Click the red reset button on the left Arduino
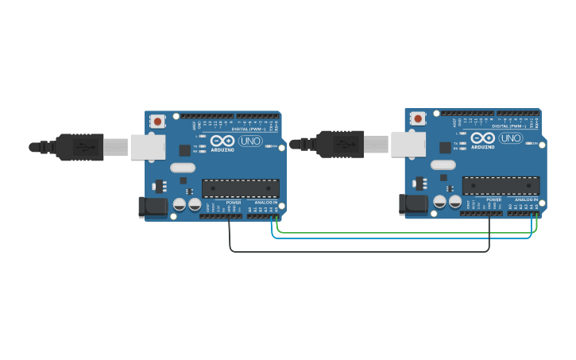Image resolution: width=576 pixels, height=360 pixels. [x=158, y=122]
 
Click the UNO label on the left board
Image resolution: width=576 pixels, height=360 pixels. [x=250, y=141]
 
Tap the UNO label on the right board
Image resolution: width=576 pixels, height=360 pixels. [x=511, y=138]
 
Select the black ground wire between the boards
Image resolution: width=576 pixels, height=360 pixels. [x=358, y=252]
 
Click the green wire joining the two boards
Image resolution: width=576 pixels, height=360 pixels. [x=405, y=233]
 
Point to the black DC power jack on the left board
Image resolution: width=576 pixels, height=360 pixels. [x=153, y=207]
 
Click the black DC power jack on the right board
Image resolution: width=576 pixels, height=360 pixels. [x=413, y=204]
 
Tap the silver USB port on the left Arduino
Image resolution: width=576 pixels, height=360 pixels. [x=147, y=147]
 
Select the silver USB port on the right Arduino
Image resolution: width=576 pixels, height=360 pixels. [x=408, y=144]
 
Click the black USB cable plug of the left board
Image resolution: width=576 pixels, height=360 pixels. [x=79, y=147]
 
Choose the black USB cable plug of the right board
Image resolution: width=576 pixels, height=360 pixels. [x=340, y=144]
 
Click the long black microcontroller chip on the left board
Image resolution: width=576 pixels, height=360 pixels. [x=241, y=188]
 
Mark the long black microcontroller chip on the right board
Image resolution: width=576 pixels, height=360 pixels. [x=501, y=185]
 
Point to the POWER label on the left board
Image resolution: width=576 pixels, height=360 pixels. [x=233, y=203]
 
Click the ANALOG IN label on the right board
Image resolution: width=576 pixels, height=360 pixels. [x=525, y=199]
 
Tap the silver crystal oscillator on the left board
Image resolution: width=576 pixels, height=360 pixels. [x=183, y=168]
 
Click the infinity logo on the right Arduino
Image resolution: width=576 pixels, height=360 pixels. [x=483, y=137]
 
